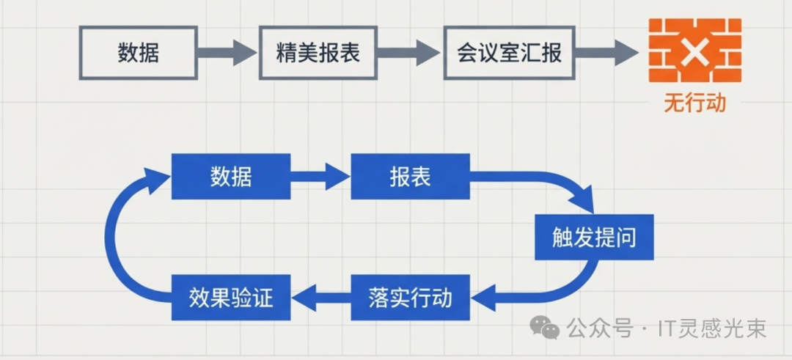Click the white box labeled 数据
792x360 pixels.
point(138,53)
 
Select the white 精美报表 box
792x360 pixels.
point(318,53)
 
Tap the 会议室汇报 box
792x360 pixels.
point(509,53)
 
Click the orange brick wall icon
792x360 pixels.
point(694,51)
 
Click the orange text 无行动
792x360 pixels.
point(694,103)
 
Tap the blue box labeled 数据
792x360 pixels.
point(230,176)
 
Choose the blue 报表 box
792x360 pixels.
point(410,176)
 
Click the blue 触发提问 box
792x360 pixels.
point(593,238)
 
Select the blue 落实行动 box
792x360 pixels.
point(410,298)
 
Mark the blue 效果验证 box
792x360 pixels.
point(230,298)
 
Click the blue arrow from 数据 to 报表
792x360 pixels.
point(320,176)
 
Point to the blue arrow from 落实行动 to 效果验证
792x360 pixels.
point(320,298)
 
